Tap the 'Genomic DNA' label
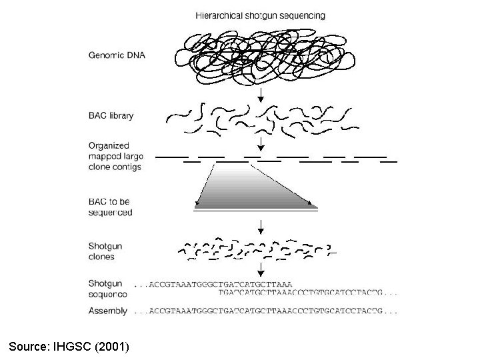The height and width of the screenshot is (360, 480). point(117,55)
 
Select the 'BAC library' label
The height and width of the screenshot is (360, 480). point(111,115)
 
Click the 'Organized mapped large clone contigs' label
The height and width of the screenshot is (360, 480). point(115,156)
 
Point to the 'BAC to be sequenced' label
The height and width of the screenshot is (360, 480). point(111,207)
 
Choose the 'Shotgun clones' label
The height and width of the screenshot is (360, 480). point(102,251)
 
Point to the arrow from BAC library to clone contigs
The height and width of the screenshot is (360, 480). point(261,143)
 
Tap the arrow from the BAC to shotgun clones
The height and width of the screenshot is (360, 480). point(261,221)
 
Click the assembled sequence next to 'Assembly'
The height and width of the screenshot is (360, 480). point(267,311)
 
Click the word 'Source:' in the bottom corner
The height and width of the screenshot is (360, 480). point(31,346)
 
